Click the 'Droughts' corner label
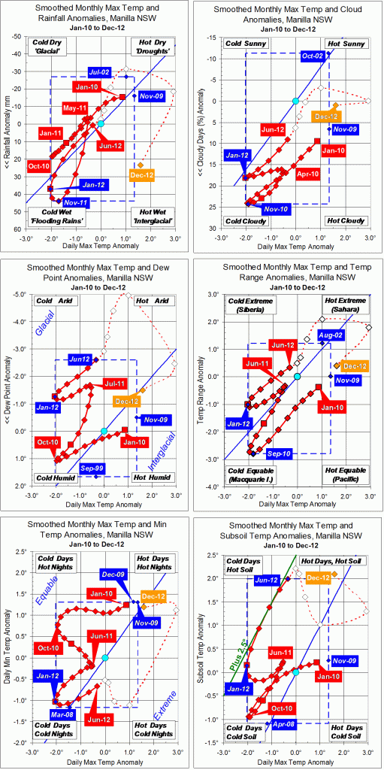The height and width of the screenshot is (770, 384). (153, 53)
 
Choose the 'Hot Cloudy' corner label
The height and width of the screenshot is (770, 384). (346, 220)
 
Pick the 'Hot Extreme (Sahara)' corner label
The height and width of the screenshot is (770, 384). (348, 306)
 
